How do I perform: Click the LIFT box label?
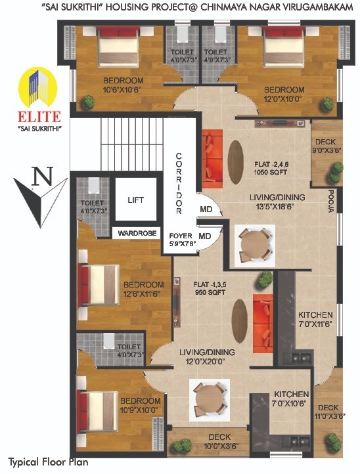click(135, 200)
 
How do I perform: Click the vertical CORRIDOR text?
click(178, 183)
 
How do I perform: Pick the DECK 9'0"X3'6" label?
click(326, 145)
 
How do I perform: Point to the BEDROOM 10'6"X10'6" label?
click(123, 85)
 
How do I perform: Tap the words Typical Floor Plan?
click(47, 462)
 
